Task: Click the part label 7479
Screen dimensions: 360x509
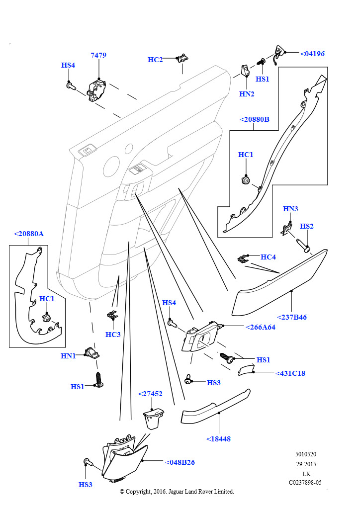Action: [98, 55]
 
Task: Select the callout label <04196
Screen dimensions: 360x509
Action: [312, 54]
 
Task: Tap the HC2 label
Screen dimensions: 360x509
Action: [155, 60]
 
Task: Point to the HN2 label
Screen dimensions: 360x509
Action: [247, 94]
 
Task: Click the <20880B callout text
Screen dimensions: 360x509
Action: [255, 119]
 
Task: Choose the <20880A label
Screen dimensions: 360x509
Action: [29, 234]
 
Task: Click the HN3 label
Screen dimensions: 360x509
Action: [290, 209]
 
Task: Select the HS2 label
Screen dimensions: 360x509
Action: [306, 226]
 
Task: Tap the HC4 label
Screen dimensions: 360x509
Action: [268, 257]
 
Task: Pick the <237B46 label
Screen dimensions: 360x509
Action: [292, 317]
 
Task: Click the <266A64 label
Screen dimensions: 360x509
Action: [261, 327]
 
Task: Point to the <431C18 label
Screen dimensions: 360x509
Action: [290, 373]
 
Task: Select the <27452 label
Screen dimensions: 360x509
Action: [150, 394]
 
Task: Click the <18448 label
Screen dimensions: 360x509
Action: [218, 439]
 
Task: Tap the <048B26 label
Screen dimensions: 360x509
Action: [180, 462]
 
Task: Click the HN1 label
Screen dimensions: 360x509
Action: [68, 356]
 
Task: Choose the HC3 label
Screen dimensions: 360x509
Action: [113, 335]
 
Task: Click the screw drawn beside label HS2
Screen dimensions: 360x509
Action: [303, 246]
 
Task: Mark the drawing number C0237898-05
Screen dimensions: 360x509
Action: [305, 483]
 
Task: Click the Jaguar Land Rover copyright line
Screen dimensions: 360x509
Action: [177, 492]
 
